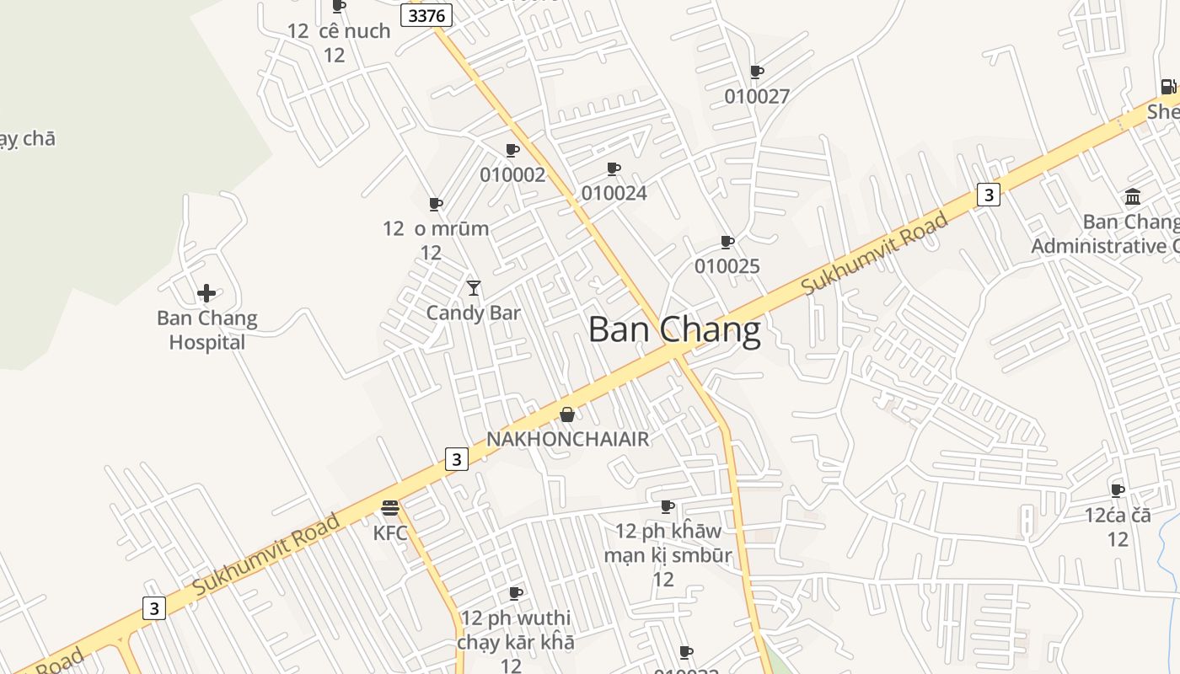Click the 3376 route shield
(426, 15)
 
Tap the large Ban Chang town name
(674, 329)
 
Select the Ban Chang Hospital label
(206, 330)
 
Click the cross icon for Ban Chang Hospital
(206, 293)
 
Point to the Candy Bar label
(473, 313)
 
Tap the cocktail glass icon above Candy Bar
(474, 288)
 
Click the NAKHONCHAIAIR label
(568, 439)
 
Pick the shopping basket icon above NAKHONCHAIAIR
(567, 415)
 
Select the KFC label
(390, 532)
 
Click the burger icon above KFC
(389, 508)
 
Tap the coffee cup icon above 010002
(512, 151)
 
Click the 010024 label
(614, 194)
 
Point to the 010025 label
(727, 267)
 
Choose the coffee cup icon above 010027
(756, 72)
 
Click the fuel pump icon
(1167, 86)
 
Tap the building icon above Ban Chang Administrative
(1133, 197)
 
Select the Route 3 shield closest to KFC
(456, 459)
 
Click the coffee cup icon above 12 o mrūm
(435, 204)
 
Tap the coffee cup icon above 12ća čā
(1118, 490)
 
